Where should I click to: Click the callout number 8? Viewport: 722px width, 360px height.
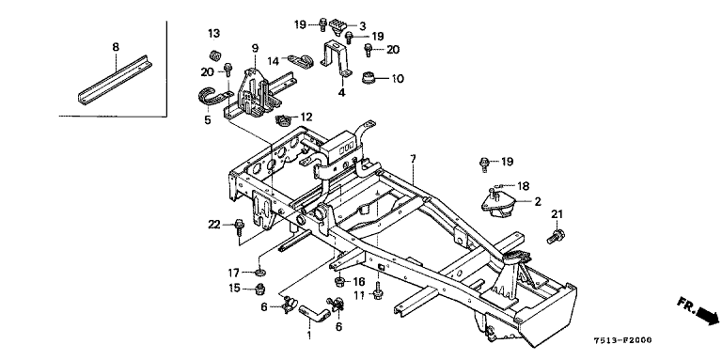pyautogui.click(x=116, y=46)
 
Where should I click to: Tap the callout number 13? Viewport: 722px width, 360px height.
pyautogui.click(x=213, y=33)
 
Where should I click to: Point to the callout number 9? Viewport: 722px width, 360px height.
pyautogui.click(x=255, y=47)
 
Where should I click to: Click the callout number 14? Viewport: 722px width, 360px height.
pyautogui.click(x=274, y=61)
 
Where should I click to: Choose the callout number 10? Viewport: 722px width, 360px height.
pyautogui.click(x=398, y=79)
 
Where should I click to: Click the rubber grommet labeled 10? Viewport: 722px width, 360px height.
pyautogui.click(x=369, y=78)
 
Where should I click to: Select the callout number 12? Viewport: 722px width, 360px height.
pyautogui.click(x=306, y=117)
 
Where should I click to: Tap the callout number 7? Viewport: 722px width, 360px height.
pyautogui.click(x=413, y=159)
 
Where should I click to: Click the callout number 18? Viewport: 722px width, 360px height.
pyautogui.click(x=523, y=186)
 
